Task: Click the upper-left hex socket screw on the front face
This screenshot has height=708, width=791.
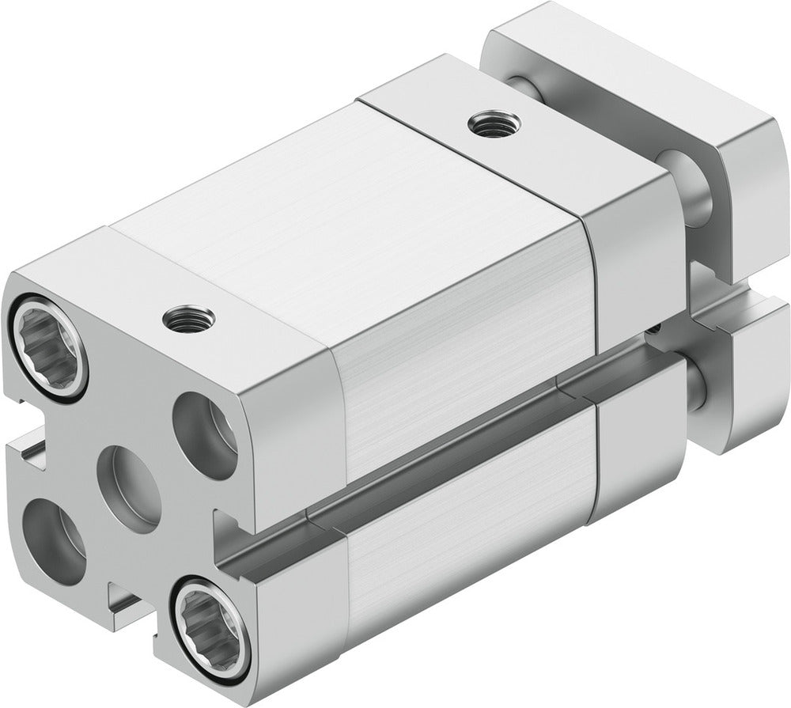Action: coord(48,346)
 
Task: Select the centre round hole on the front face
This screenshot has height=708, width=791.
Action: coord(130,487)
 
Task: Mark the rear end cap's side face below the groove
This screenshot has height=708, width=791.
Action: coord(633,451)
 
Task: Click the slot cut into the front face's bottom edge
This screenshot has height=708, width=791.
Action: coord(127,603)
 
